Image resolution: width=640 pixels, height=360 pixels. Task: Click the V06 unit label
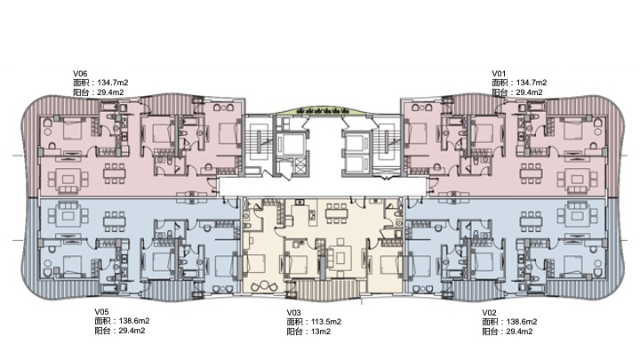click(80, 74)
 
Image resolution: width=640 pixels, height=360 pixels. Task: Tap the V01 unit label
click(499, 74)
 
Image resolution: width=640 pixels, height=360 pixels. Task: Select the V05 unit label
click(101, 312)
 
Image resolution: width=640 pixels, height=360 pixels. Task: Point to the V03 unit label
click(293, 313)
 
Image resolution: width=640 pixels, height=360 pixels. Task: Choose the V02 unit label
click(489, 313)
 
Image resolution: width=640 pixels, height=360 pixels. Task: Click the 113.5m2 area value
click(326, 322)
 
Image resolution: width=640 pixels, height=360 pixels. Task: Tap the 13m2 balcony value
click(321, 332)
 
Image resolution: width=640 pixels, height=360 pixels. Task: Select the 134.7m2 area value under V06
click(113, 83)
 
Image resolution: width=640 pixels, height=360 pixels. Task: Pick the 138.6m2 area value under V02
click(522, 322)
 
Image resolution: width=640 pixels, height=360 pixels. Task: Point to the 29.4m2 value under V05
click(132, 331)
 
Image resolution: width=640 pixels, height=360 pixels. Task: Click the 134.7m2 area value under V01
click(532, 83)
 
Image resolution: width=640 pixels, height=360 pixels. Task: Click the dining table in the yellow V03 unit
click(336, 212)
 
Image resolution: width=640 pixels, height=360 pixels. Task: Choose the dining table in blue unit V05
click(115, 221)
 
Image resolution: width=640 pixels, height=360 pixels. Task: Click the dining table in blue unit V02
click(531, 221)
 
